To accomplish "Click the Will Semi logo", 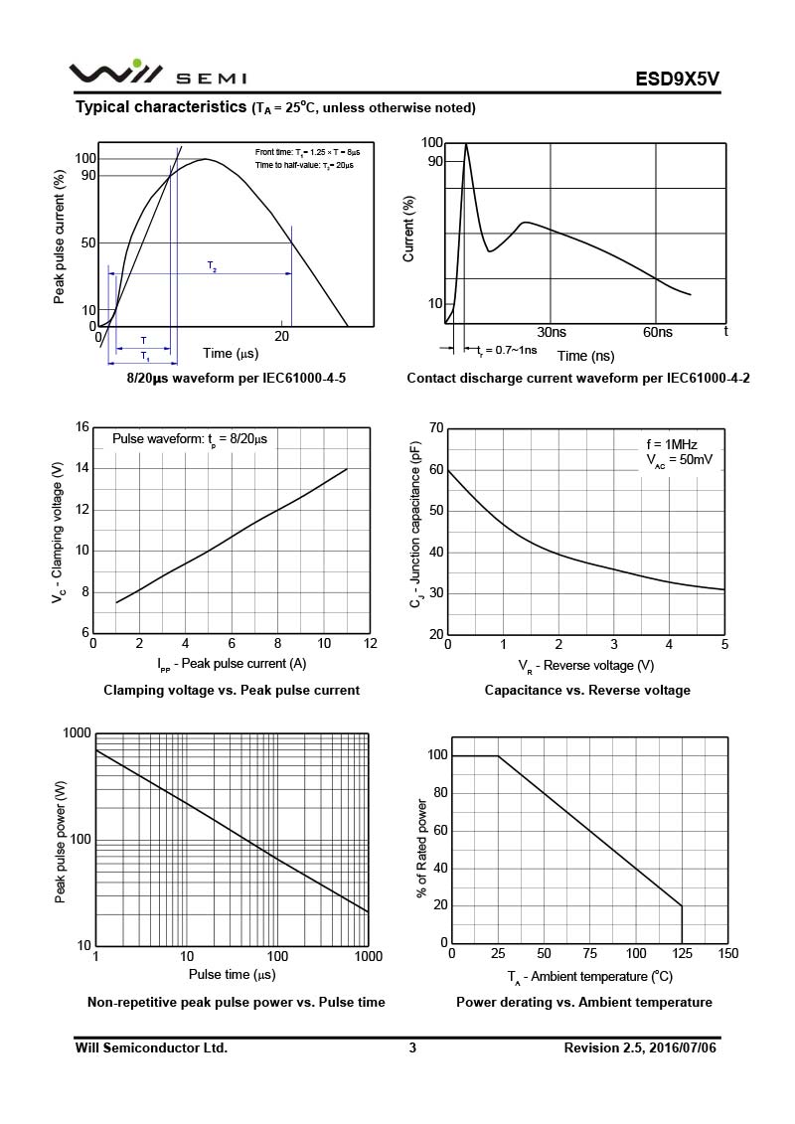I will (157, 75).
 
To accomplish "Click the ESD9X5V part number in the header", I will (678, 78).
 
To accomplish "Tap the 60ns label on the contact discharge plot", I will (658, 332).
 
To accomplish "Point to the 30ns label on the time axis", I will (552, 332).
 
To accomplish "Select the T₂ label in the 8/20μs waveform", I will (212, 265).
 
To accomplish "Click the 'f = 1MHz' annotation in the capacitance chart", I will (673, 443).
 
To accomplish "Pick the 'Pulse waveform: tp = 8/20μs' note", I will (189, 438).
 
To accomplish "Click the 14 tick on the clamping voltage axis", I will (82, 468).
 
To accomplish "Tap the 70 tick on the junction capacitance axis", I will (435, 428).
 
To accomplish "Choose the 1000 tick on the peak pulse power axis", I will (77, 733).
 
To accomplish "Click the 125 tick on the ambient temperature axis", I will (682, 954).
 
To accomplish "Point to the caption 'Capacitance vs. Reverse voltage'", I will (587, 690).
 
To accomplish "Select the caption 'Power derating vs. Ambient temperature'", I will (584, 1002).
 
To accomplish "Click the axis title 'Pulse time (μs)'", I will (232, 975).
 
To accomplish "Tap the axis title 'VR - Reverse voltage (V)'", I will (585, 665).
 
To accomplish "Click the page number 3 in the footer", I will (412, 1047).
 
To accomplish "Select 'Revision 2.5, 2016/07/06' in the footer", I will (639, 1047).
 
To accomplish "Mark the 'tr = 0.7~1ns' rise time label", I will (507, 350).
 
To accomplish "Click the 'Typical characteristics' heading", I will (162, 106).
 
